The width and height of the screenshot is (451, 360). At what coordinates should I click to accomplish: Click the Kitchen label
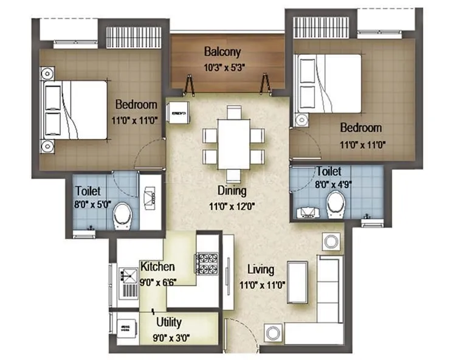(158, 266)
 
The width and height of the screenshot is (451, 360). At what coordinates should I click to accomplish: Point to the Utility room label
(168, 322)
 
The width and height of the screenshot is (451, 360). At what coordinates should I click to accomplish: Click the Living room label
(261, 269)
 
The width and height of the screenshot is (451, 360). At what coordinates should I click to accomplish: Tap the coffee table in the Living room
(297, 282)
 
